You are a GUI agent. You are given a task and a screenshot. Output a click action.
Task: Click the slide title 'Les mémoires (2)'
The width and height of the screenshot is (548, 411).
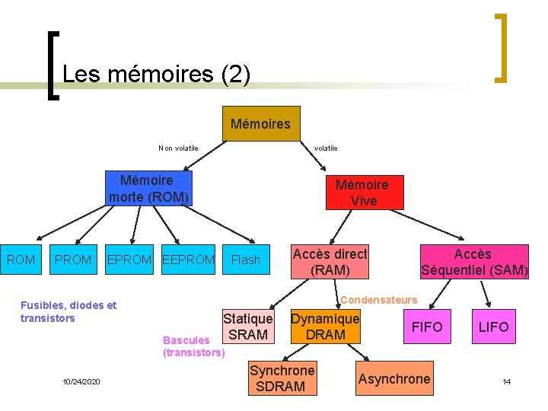(156, 74)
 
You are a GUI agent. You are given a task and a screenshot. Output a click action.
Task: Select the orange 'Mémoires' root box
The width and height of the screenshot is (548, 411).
(260, 123)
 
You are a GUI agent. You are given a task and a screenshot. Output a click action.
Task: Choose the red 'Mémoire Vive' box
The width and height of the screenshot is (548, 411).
(362, 193)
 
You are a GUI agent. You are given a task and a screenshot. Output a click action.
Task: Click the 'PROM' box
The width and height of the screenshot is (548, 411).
(73, 260)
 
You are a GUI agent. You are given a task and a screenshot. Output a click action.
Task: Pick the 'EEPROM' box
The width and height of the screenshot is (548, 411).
(189, 260)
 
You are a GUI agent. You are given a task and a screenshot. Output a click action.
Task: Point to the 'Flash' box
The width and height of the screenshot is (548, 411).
(245, 260)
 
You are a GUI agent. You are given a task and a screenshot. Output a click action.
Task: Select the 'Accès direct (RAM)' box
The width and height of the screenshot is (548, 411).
(330, 262)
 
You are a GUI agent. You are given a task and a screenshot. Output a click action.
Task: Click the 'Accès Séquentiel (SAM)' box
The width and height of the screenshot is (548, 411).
(473, 262)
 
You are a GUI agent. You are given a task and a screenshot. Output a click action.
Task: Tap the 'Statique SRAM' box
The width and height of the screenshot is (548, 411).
(247, 327)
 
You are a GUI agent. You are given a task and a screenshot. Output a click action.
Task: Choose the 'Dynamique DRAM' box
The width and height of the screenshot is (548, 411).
(325, 327)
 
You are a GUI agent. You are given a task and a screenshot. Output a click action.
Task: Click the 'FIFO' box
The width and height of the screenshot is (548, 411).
(427, 327)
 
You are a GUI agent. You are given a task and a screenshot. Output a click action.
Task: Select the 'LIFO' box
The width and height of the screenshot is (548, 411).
(493, 327)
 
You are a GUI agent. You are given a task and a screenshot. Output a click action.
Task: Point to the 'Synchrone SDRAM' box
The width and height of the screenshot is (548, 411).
(282, 378)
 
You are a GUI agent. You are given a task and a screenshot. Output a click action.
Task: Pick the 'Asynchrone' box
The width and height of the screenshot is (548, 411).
(394, 379)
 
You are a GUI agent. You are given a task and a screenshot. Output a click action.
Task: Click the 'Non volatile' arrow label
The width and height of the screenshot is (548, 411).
(178, 148)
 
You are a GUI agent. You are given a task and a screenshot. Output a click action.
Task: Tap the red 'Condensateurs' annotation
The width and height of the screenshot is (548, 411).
(378, 300)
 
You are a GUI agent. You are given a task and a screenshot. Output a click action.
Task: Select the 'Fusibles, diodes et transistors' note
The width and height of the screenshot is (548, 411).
(68, 311)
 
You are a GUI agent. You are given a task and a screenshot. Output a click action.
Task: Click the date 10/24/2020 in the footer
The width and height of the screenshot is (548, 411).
(84, 381)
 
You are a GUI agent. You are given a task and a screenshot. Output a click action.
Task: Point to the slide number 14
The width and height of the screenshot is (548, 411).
(507, 381)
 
